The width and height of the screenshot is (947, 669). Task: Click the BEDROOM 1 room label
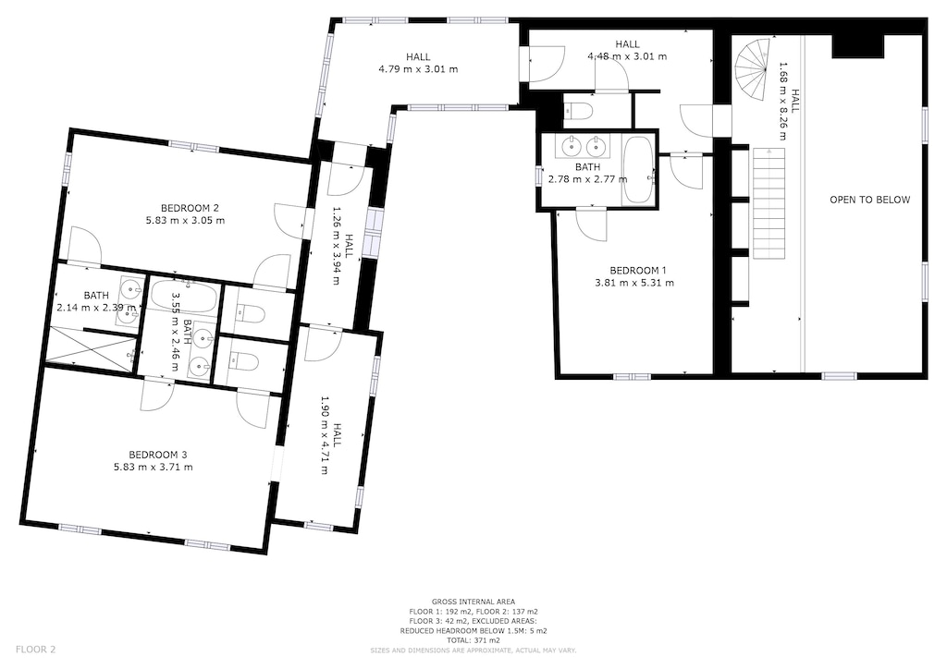[x=633, y=270]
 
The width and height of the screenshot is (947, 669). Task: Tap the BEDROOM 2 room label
[x=190, y=208]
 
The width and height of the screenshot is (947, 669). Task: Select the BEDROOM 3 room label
[x=158, y=454]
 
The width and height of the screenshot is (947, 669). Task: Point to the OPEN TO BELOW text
[x=869, y=200]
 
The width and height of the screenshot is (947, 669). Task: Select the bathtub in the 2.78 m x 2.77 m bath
[x=637, y=170]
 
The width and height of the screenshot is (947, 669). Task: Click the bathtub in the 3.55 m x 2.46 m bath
[x=185, y=298]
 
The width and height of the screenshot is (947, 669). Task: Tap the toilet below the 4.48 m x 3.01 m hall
[x=579, y=112]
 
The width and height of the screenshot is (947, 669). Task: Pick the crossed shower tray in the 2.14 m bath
[x=92, y=349]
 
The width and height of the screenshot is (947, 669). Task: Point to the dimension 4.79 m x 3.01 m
[x=418, y=69]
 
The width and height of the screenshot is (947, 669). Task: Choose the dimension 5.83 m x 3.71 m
[x=158, y=467]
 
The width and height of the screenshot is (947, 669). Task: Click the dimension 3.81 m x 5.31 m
[x=633, y=282]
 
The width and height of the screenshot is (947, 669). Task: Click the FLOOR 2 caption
[x=36, y=650]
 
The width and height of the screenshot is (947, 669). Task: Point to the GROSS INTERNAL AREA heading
[x=473, y=602]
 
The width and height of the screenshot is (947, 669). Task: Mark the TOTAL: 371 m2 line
[x=473, y=640]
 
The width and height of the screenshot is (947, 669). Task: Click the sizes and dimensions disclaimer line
[x=473, y=651]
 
